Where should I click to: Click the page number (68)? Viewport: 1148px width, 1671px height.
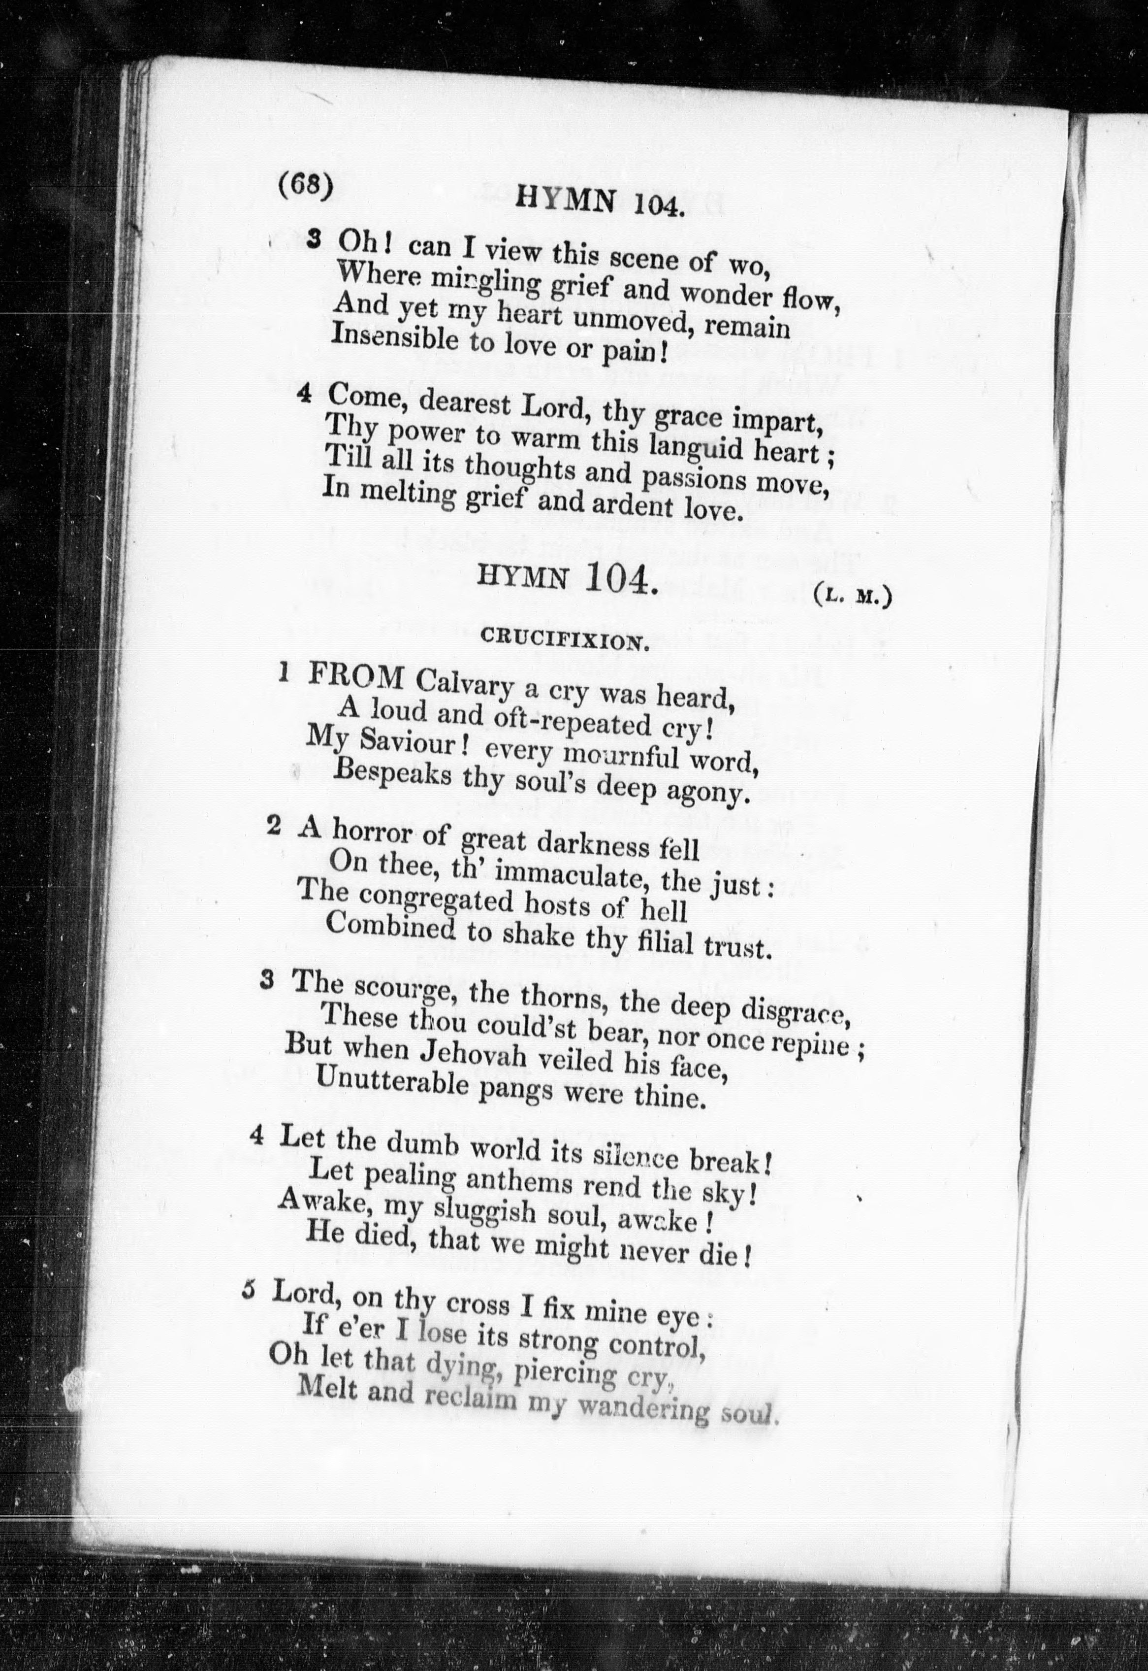pos(305,186)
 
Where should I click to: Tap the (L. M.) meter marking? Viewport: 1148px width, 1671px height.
pos(853,597)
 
